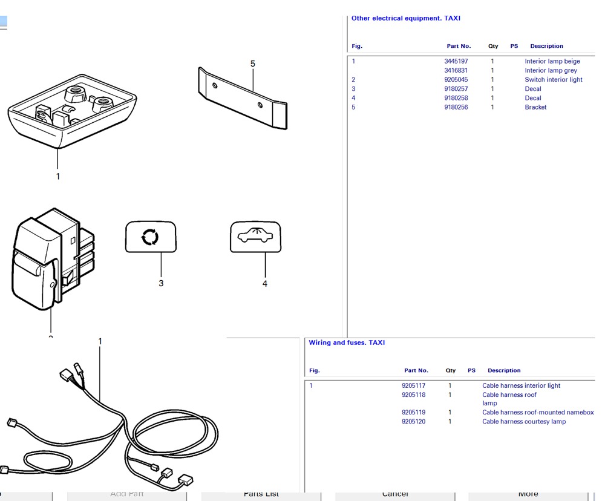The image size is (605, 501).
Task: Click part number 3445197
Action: pos(456,61)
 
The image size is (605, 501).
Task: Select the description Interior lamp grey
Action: pos(551,70)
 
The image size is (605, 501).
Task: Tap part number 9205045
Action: pos(456,79)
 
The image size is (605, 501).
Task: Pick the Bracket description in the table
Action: pos(535,107)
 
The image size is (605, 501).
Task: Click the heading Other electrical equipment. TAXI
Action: pos(405,18)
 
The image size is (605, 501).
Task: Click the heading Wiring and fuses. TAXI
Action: pos(347,342)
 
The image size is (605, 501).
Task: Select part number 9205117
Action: pos(413,385)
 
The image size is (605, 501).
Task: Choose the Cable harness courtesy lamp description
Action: pos(524,422)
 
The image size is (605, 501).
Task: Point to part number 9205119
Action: pos(413,413)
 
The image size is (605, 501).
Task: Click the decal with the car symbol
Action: pos(255,237)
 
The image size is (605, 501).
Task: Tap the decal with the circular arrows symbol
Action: pos(151,237)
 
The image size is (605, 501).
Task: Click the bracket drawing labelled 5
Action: pos(243,98)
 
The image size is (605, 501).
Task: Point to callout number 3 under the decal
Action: pos(161,283)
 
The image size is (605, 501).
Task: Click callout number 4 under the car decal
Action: pos(264,284)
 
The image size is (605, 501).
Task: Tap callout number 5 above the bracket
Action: pos(253,64)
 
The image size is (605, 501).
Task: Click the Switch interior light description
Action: pos(553,79)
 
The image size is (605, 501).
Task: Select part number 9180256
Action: pos(456,107)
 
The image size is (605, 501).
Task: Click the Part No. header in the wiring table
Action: pos(416,370)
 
